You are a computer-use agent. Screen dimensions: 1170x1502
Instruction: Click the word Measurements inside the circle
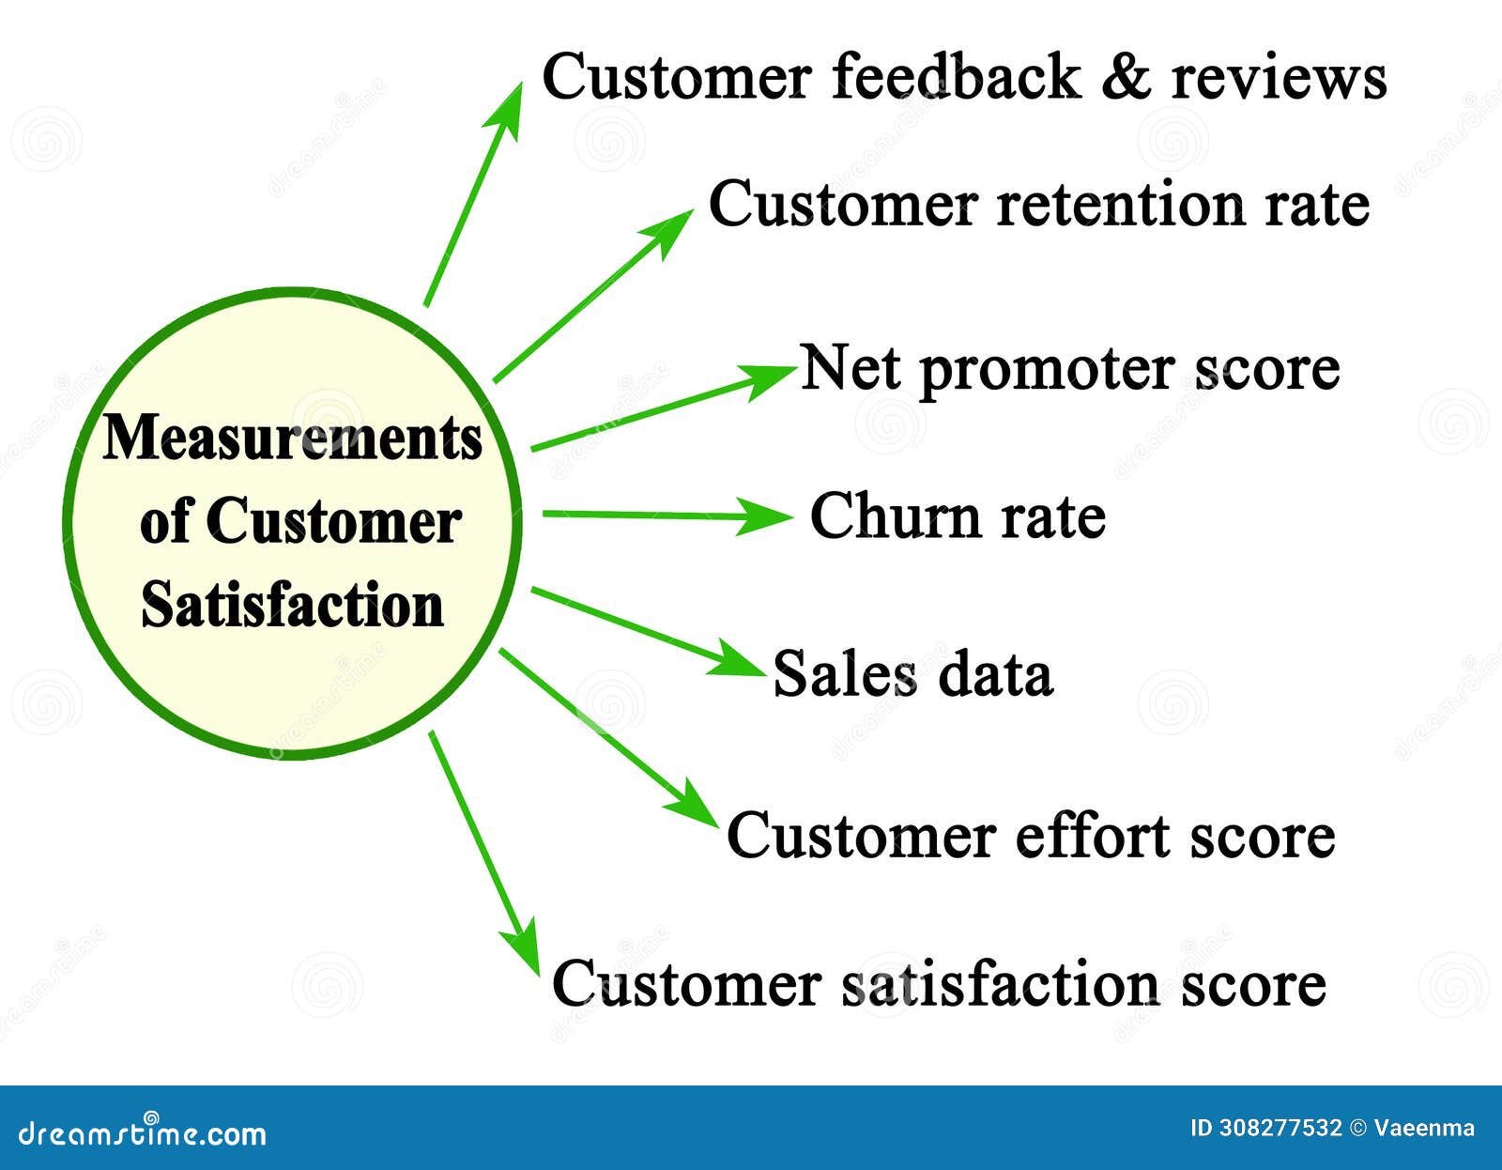coord(292,438)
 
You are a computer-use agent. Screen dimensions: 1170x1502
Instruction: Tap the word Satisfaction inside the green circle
coord(292,605)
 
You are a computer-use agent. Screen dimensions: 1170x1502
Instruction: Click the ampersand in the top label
coord(1126,77)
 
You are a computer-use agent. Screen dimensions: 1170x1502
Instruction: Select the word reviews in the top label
coord(1279,77)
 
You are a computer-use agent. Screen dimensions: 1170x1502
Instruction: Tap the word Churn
coord(892,516)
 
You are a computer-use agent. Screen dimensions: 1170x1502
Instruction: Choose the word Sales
coord(844,673)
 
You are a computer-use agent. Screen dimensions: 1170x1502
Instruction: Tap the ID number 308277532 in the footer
coord(1280,1128)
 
